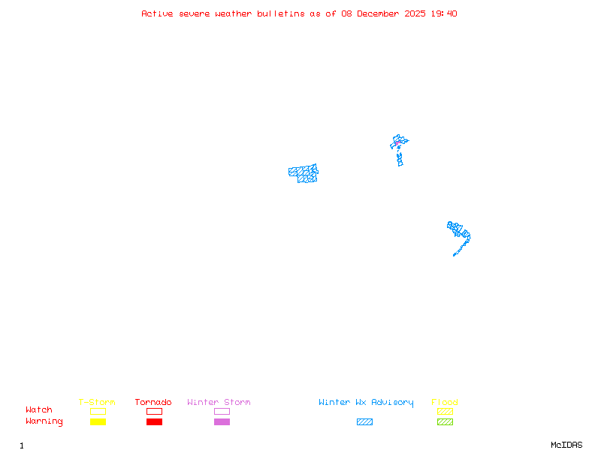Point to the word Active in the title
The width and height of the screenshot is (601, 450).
pos(157,13)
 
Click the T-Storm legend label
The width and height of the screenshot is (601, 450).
pos(97,403)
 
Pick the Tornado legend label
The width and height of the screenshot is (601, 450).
pos(153,403)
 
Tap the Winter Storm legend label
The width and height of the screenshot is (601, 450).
pos(219,403)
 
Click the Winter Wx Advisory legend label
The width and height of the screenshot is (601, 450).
pos(366,403)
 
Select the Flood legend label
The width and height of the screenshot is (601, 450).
pos(445,403)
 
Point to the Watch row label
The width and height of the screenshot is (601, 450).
pos(39,410)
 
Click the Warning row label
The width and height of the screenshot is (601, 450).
pos(44,421)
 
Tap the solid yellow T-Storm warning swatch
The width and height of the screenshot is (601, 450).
pos(98,422)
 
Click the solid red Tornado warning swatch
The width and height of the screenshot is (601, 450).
pos(154,422)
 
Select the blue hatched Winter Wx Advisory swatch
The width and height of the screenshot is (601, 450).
pos(364,422)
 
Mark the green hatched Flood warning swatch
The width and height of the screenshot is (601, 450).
pos(445,422)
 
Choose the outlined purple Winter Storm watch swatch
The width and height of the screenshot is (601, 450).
pos(222,412)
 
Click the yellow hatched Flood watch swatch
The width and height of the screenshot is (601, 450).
pos(445,412)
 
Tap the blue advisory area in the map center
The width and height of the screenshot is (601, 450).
pos(304,174)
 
